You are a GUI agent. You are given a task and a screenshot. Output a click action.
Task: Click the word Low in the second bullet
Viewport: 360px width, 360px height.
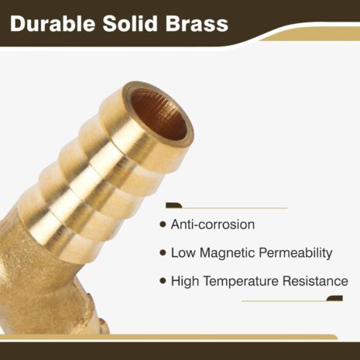(x=183, y=253)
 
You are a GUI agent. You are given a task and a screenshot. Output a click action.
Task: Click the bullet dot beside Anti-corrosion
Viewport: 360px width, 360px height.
(x=163, y=225)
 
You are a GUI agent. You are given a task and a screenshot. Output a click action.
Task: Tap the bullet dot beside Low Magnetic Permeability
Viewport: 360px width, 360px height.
(x=163, y=253)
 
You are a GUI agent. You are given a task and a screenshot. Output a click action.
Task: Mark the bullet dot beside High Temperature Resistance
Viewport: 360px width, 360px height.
(x=163, y=281)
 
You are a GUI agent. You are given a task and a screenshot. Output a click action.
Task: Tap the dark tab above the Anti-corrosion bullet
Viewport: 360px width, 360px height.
(x=174, y=205)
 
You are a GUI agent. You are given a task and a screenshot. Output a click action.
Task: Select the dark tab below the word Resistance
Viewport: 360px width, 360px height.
(x=334, y=298)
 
